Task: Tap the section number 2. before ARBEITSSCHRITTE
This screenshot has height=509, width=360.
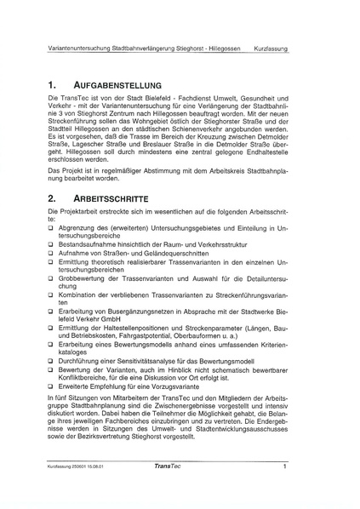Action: click(53, 197)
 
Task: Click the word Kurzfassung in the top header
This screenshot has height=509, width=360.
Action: click(271, 49)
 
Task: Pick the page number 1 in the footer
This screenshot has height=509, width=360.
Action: click(285, 466)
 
